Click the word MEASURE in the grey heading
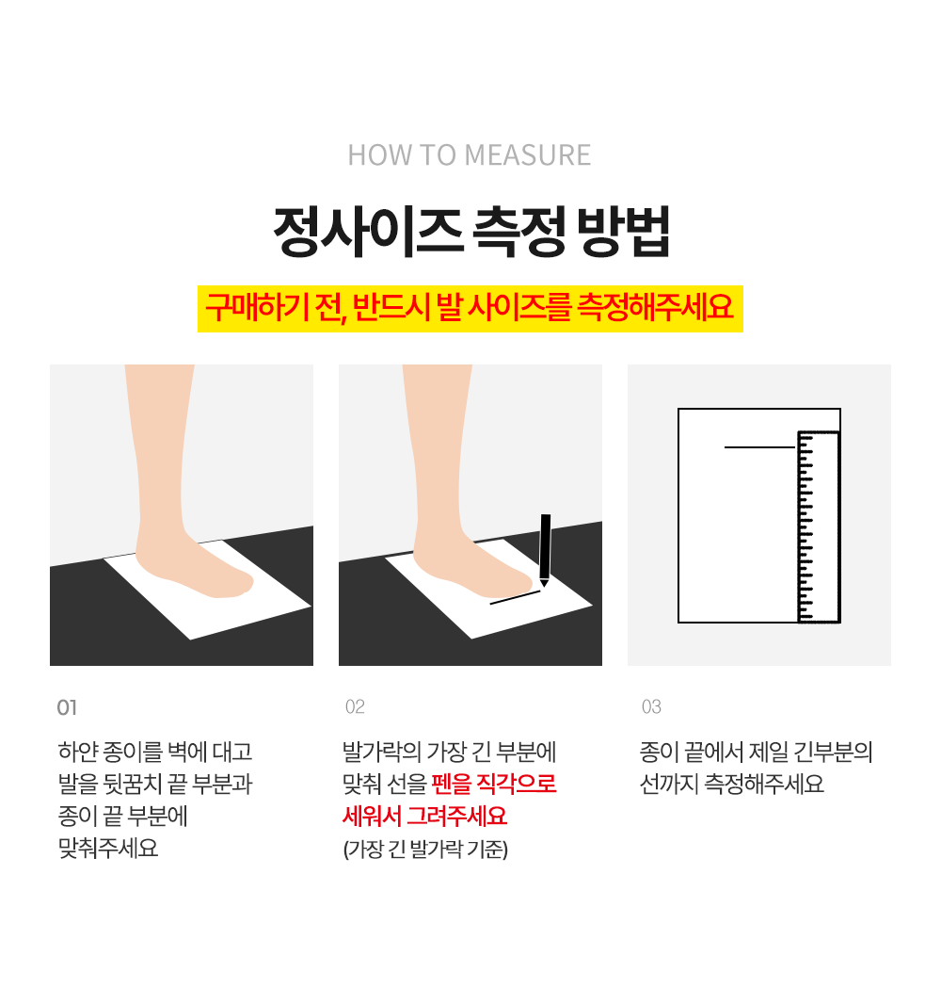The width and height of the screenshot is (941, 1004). pyautogui.click(x=528, y=155)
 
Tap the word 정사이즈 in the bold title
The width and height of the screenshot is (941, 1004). pyautogui.click(x=368, y=232)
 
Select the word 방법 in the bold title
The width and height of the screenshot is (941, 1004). pyautogui.click(x=623, y=232)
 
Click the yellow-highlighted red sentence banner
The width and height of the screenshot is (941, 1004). pyautogui.click(x=470, y=309)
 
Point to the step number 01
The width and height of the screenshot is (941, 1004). pyautogui.click(x=67, y=707)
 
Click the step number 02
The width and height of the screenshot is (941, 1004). pyautogui.click(x=355, y=707)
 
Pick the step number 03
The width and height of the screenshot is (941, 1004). pyautogui.click(x=651, y=707)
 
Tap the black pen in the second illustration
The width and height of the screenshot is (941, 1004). pyautogui.click(x=545, y=550)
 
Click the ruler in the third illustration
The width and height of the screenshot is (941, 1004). pyautogui.click(x=819, y=527)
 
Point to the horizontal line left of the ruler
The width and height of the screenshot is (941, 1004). pyautogui.click(x=759, y=447)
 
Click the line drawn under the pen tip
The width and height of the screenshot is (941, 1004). pyautogui.click(x=515, y=597)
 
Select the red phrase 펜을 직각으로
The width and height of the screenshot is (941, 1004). pyautogui.click(x=494, y=784)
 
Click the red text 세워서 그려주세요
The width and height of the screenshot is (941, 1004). pyautogui.click(x=424, y=817)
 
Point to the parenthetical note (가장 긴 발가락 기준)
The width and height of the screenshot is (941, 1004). pyautogui.click(x=425, y=849)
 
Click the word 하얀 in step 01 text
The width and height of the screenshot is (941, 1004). pyautogui.click(x=76, y=751)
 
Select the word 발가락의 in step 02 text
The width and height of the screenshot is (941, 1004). pyautogui.click(x=381, y=751)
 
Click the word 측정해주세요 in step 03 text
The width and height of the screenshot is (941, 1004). pyautogui.click(x=764, y=784)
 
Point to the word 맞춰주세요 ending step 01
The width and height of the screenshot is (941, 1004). pyautogui.click(x=108, y=849)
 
